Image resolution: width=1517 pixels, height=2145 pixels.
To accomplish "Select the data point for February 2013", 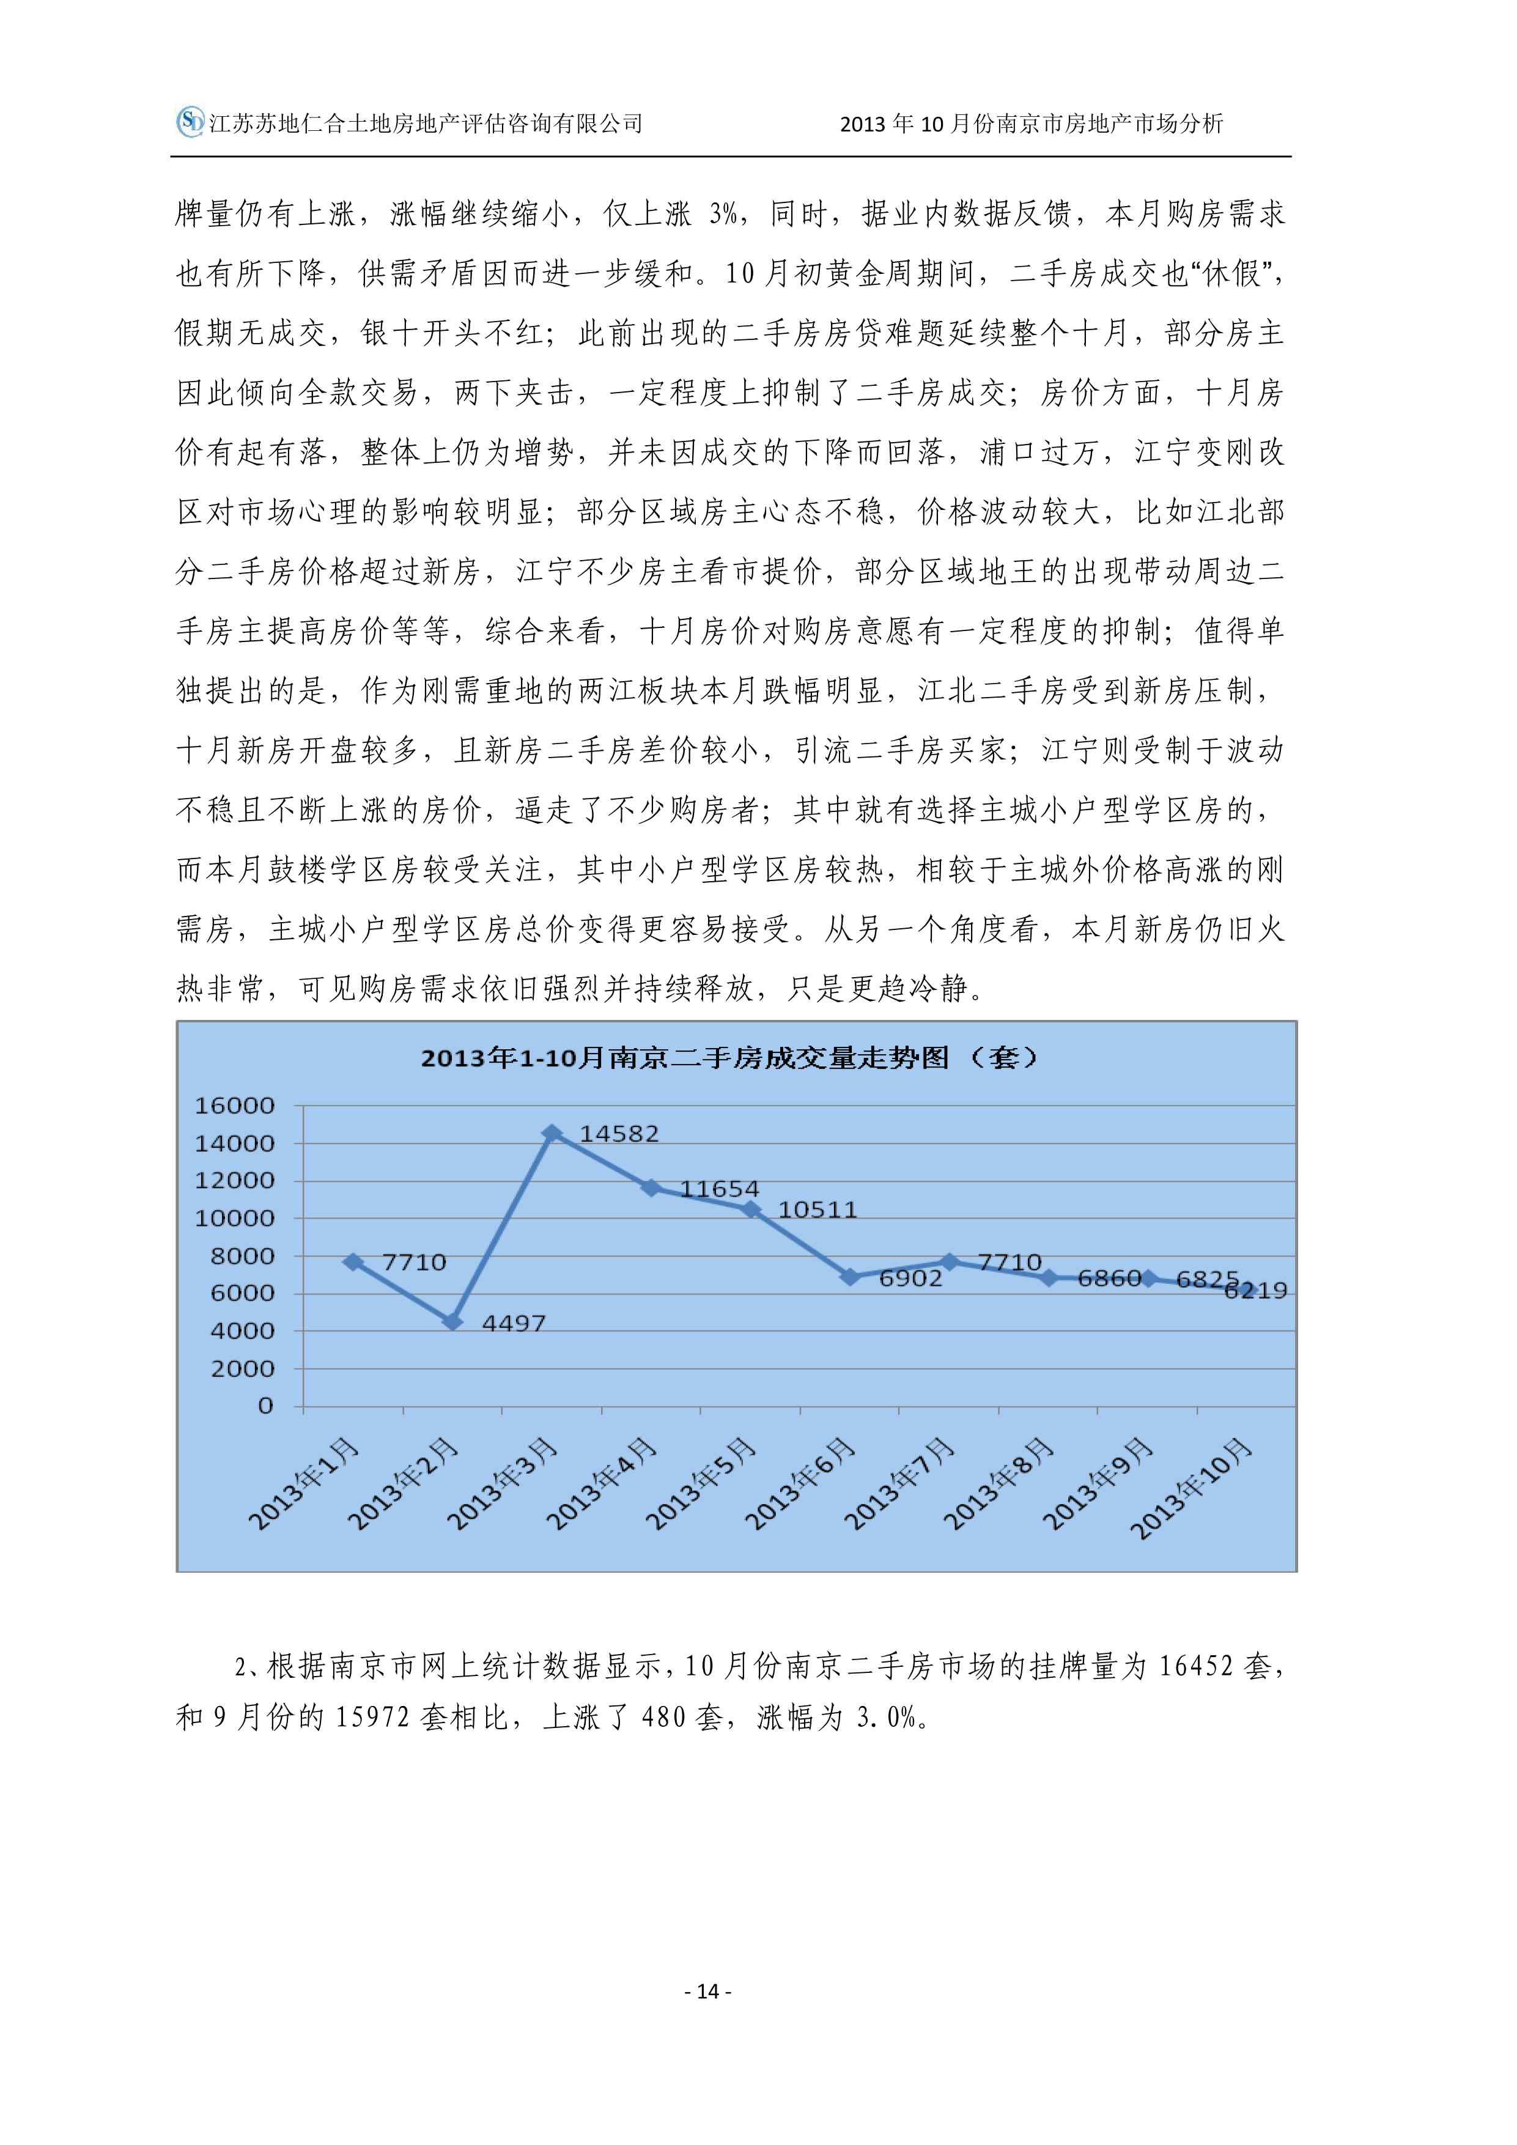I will [x=453, y=1322].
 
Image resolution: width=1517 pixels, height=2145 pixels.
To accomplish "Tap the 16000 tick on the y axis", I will [x=234, y=1106].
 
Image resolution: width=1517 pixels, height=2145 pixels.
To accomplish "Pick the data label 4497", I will [x=513, y=1323].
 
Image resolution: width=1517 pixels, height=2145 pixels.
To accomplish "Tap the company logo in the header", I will [x=190, y=122].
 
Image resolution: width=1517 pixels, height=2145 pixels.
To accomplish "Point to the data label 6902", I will [x=911, y=1278].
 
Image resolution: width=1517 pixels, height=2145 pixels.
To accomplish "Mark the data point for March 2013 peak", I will [x=552, y=1133].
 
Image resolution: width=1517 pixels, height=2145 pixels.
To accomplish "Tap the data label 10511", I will [x=818, y=1210].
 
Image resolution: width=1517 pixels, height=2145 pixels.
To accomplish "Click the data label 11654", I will [x=719, y=1189].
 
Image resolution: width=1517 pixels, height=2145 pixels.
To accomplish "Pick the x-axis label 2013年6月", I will [x=800, y=1485].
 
